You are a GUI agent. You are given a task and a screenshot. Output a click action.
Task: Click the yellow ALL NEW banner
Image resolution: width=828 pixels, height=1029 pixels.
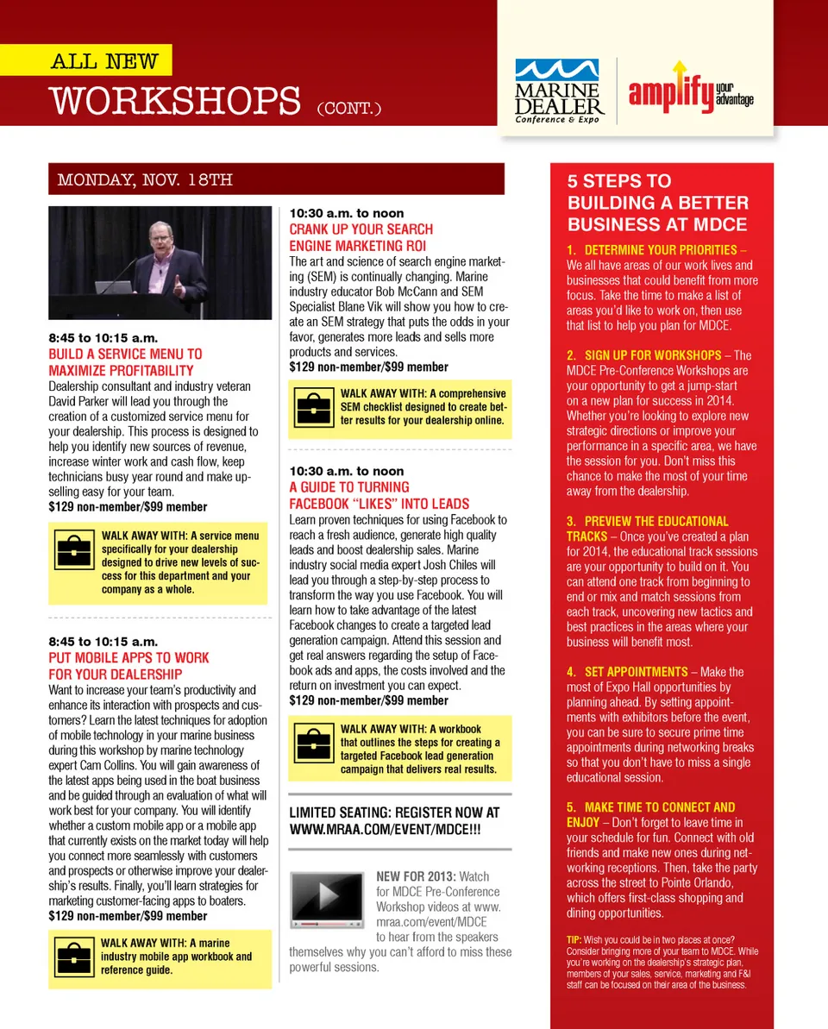click(105, 61)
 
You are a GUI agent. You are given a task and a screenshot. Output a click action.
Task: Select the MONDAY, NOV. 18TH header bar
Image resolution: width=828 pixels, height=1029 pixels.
click(276, 179)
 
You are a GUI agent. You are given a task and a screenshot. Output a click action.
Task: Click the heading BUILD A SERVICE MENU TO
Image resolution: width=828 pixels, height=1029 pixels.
click(125, 354)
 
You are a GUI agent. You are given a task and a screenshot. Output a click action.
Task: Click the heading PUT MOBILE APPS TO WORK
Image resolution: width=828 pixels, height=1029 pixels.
click(129, 658)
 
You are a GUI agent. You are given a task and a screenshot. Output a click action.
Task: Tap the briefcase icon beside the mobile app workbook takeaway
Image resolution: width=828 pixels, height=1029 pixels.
click(73, 957)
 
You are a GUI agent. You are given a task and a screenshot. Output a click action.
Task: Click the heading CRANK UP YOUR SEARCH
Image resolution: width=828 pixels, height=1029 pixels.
click(361, 229)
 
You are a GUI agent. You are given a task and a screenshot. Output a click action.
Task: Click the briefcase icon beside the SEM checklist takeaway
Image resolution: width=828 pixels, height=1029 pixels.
click(313, 406)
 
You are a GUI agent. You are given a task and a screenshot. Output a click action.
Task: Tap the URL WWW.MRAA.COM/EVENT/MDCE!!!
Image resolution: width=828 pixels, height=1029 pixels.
click(385, 828)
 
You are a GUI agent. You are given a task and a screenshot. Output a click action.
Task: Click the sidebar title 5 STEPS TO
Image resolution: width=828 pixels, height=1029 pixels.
click(618, 181)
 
